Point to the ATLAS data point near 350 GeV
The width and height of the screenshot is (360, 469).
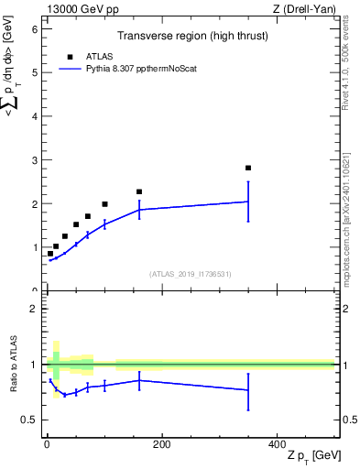pos(248,168)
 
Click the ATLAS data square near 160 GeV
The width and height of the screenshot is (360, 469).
pos(139,191)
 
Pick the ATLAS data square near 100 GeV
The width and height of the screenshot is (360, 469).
pos(104,204)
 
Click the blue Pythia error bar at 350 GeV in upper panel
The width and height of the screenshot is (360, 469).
pos(248,202)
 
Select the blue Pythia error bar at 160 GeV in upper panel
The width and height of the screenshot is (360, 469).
pos(139,210)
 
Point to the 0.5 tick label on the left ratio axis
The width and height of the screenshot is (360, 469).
pos(29,420)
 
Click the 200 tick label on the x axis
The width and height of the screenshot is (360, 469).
pos(160,443)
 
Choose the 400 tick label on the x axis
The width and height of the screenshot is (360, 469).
pos(276,443)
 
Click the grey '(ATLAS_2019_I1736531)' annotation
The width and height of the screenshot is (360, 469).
pos(190,273)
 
